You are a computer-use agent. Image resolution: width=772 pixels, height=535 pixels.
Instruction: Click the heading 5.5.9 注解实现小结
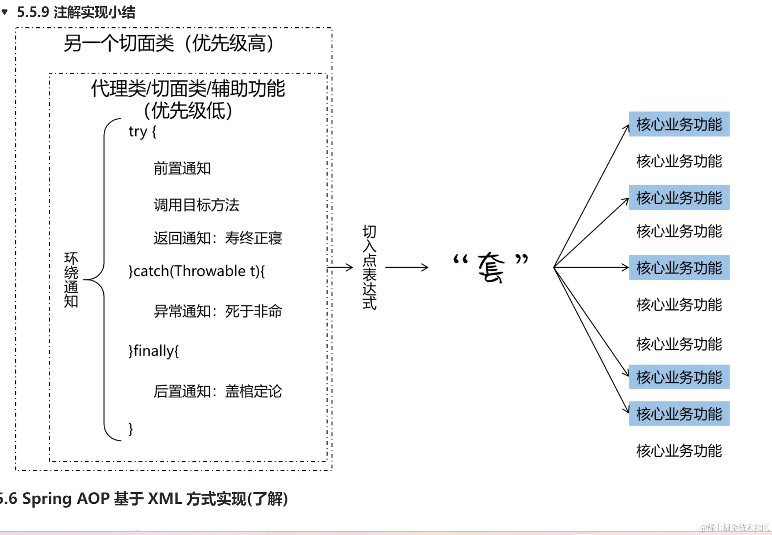pos(76,12)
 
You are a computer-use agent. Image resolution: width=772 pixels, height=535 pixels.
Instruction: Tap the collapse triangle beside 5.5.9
pos(5,12)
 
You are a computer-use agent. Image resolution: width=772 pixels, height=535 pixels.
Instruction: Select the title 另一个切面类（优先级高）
pos(169,43)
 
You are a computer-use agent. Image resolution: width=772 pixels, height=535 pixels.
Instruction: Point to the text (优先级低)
pos(188,111)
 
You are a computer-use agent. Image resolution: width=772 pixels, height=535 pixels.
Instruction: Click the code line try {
pos(142,131)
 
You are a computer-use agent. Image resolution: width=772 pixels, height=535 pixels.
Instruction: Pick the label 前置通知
pos(182,168)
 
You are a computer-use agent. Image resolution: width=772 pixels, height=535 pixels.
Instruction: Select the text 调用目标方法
pos(196,205)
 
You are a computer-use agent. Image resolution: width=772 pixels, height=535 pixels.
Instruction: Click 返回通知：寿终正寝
pos(217,238)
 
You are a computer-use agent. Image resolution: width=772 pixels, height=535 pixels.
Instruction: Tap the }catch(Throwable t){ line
pos(196,271)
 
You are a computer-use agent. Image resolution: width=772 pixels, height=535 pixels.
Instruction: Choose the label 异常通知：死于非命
pos(217,311)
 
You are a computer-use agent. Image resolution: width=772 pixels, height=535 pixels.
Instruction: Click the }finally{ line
pos(153,351)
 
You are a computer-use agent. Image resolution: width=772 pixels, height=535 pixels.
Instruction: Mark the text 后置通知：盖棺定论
pos(217,391)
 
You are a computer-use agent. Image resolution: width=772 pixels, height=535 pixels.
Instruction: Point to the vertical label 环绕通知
pos(71,279)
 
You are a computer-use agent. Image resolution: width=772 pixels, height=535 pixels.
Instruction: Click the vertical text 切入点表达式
pos(369,267)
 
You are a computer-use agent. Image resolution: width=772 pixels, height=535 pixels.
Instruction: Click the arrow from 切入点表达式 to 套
pos(406,267)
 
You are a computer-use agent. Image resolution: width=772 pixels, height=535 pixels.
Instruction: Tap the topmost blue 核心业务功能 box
pos(679,124)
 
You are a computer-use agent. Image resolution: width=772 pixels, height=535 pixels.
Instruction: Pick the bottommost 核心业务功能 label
pos(679,451)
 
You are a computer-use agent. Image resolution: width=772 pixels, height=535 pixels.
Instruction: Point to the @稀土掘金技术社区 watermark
pos(734,528)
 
